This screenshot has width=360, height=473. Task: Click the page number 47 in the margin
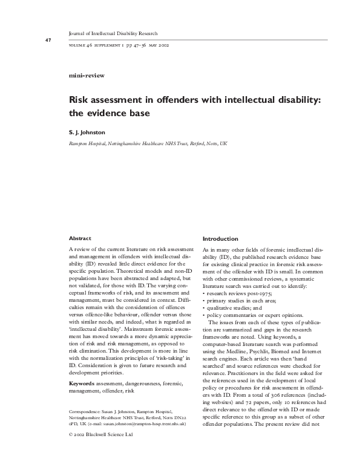pyautogui.click(x=31, y=41)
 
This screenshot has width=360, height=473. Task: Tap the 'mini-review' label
pyautogui.click(x=88, y=75)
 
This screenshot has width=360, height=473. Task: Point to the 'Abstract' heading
pyautogui.click(x=80, y=239)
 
